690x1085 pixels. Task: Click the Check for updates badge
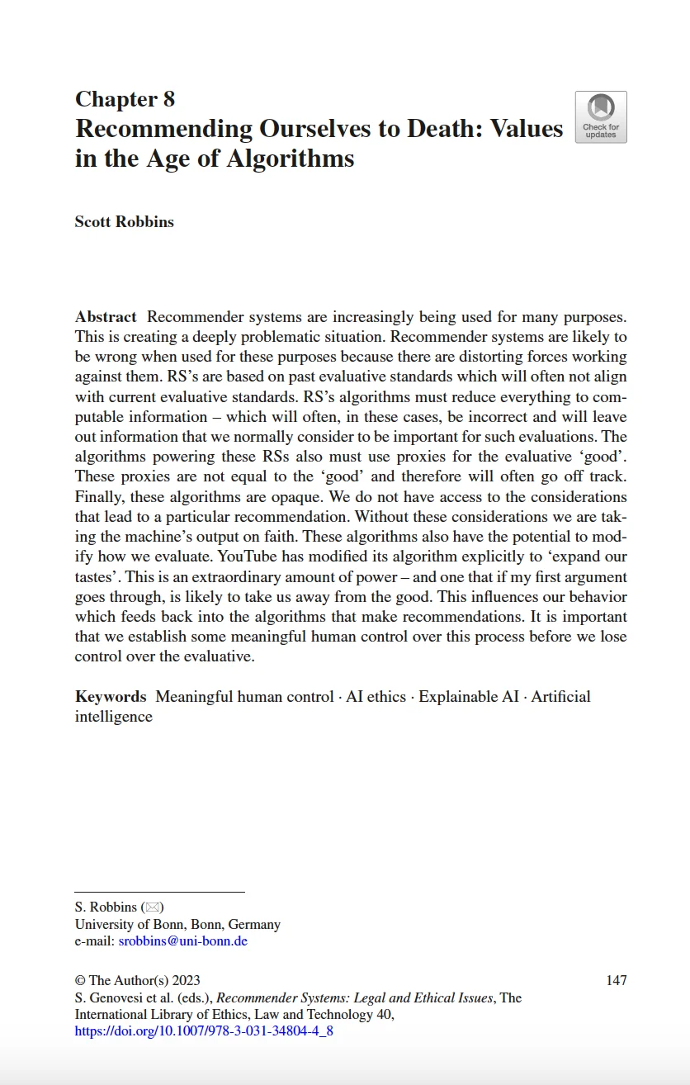click(600, 117)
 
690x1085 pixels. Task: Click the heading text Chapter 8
click(125, 100)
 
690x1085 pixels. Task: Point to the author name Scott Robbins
click(124, 221)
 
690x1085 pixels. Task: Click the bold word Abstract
click(106, 317)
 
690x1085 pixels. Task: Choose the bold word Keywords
click(111, 697)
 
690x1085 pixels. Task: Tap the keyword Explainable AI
click(469, 697)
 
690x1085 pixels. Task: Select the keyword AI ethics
click(376, 697)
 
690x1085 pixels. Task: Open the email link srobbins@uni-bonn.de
click(182, 941)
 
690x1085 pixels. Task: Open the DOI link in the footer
click(204, 1031)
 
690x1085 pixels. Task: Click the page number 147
click(616, 981)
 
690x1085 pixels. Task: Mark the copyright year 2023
click(186, 981)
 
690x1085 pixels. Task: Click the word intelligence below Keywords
click(114, 717)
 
